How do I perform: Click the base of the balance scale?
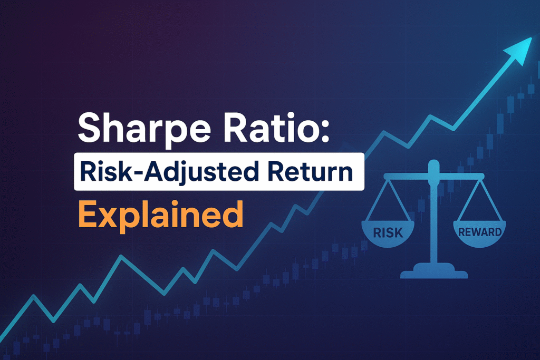click(x=433, y=273)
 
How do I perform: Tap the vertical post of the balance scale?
click(x=433, y=221)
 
